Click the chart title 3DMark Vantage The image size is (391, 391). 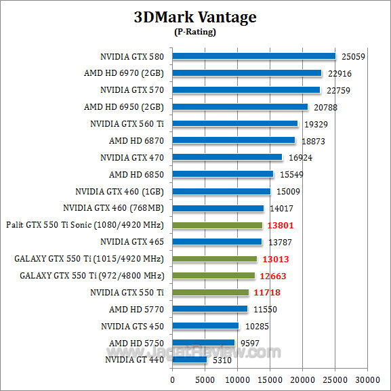(x=194, y=18)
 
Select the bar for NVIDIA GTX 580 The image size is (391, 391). (x=254, y=56)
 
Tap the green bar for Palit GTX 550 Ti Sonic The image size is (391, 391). (x=217, y=225)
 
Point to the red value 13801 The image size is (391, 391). (x=279, y=225)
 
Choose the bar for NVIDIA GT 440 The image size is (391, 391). (x=190, y=360)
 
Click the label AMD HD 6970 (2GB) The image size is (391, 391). (x=127, y=73)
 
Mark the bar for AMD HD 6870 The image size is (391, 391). (x=234, y=140)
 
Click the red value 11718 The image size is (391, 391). (x=266, y=293)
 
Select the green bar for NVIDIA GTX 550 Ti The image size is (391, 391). (x=211, y=293)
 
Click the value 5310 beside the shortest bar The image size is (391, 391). (x=222, y=360)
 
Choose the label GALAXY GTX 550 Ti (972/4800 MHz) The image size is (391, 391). (x=92, y=276)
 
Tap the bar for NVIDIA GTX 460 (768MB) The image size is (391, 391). (x=218, y=208)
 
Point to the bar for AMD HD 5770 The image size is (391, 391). (x=210, y=309)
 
